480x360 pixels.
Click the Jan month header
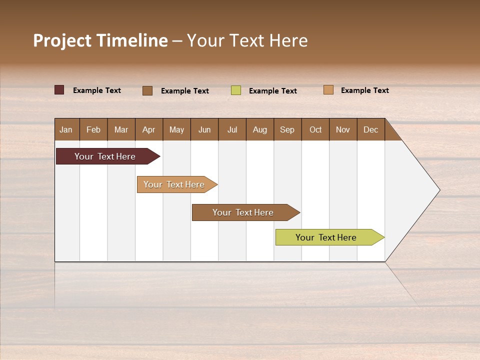(66, 129)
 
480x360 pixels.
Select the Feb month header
(93, 129)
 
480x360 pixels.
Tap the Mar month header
(121, 129)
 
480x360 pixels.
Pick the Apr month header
(149, 129)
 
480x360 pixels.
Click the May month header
(176, 129)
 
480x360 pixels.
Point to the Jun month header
(204, 129)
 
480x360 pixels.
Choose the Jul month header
(232, 129)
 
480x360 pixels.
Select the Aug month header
(260, 129)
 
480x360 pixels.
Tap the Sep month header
(287, 129)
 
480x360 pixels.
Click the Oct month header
(315, 129)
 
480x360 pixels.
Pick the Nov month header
(343, 129)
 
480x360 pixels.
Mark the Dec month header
(371, 129)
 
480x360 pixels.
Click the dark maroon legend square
(59, 90)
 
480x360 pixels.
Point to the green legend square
(236, 90)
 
